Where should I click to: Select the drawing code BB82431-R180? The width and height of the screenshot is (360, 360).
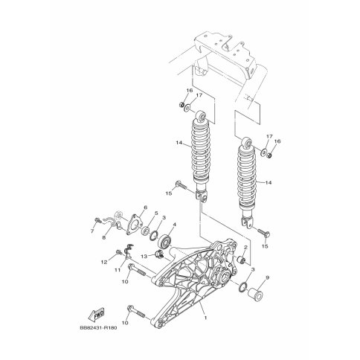click(98, 328)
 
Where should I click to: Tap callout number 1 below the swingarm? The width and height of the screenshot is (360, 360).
click(205, 318)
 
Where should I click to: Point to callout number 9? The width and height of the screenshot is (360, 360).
click(267, 277)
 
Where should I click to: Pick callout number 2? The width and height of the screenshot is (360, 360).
click(245, 247)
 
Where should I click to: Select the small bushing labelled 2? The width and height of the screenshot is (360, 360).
click(241, 260)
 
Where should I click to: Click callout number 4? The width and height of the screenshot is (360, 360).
click(175, 225)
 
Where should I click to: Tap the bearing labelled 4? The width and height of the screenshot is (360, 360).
click(164, 242)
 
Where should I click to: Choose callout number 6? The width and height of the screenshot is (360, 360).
click(145, 208)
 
